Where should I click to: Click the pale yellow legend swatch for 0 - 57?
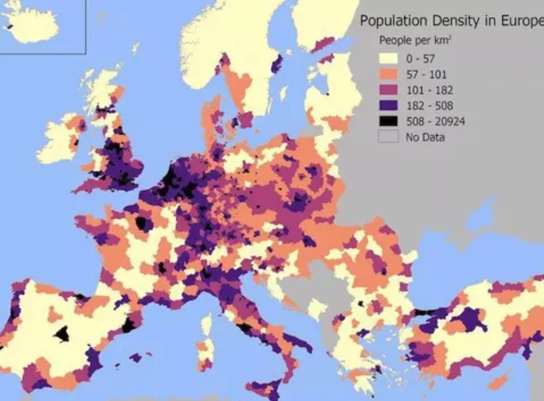388,59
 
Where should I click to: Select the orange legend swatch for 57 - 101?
388,74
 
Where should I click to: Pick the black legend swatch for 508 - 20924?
388,121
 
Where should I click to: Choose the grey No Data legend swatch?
388,136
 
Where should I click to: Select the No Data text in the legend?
425,137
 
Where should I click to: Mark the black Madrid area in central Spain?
62,334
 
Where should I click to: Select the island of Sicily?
264,390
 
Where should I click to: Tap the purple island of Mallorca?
135,358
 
